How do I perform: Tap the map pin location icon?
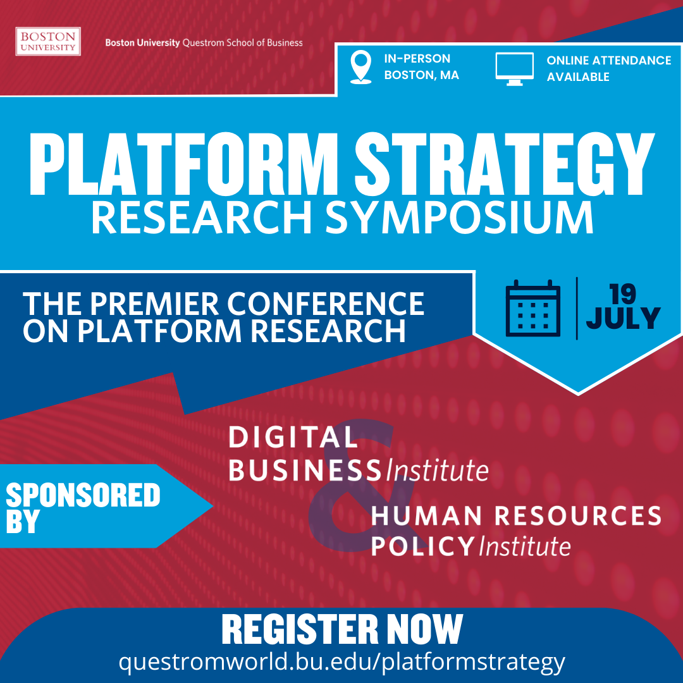pyautogui.click(x=361, y=67)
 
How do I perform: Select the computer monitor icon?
pyautogui.click(x=514, y=68)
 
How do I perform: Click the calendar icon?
pyautogui.click(x=533, y=307)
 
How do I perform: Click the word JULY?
pyautogui.click(x=623, y=318)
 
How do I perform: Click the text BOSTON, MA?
pyautogui.click(x=421, y=75)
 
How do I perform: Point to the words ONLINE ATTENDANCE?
pyautogui.click(x=608, y=60)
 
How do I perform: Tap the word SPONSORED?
pyautogui.click(x=83, y=495)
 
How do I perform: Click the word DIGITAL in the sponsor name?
pyautogui.click(x=293, y=437)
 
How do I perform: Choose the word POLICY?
pyautogui.click(x=422, y=545)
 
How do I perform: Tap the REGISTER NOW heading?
pyautogui.click(x=341, y=629)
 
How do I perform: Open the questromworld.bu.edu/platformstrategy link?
pyautogui.click(x=341, y=661)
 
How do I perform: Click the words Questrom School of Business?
pyautogui.click(x=242, y=43)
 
